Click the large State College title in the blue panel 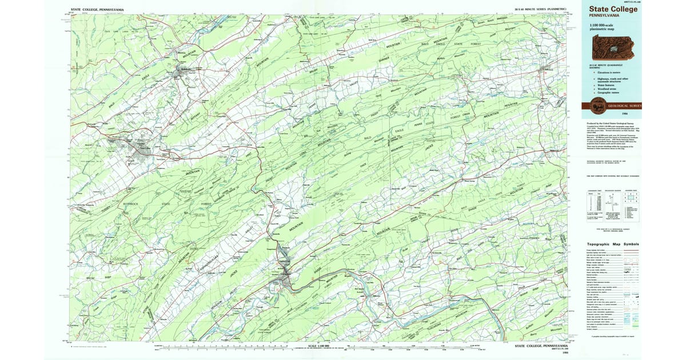[x=609, y=9]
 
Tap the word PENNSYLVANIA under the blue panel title [x=598, y=16]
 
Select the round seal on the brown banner [x=599, y=105]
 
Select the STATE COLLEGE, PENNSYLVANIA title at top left [x=97, y=10]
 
